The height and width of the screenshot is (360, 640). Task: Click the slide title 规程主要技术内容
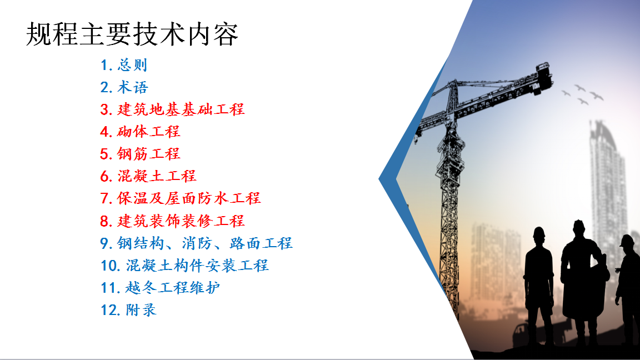[132, 34]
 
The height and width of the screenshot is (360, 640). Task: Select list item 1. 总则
[124, 65]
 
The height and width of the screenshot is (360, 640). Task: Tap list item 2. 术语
[124, 87]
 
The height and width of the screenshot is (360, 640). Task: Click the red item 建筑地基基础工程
[181, 109]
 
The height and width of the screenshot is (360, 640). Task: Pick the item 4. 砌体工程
[140, 132]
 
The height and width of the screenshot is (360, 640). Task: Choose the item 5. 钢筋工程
[140, 154]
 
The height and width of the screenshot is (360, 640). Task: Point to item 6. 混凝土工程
[148, 176]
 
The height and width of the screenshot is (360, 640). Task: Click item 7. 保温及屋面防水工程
[181, 198]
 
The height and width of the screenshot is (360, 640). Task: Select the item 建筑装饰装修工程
[181, 221]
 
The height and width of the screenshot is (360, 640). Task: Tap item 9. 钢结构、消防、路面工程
[196, 243]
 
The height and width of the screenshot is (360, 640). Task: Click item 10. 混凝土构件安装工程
[184, 266]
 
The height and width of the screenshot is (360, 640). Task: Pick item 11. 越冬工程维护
[161, 288]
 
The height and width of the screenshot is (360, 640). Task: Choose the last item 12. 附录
[128, 310]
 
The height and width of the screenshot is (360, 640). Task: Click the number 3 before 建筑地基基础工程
[104, 110]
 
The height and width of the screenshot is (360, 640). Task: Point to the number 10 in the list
[109, 266]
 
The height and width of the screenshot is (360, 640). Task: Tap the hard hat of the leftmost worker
[539, 232]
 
